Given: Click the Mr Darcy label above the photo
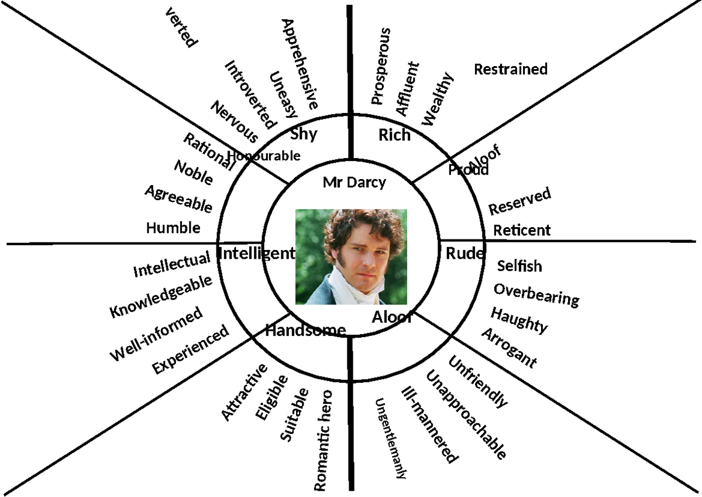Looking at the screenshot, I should click(x=354, y=183).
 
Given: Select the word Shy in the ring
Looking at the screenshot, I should click(x=304, y=134).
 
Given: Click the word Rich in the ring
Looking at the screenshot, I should click(x=394, y=136).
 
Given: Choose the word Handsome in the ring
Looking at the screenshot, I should click(x=305, y=331).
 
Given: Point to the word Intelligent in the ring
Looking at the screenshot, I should click(x=256, y=253).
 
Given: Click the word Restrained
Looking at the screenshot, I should click(x=511, y=69).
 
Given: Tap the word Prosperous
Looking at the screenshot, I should click(x=380, y=66).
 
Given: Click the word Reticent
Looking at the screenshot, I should click(x=522, y=231).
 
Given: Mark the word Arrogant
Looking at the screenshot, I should click(x=508, y=348).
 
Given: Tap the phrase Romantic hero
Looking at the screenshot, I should click(x=324, y=440).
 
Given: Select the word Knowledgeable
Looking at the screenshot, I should click(x=161, y=297).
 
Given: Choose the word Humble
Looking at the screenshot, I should click(x=173, y=228).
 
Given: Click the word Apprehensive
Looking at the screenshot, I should click(x=300, y=64).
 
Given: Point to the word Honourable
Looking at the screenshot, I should click(x=264, y=156).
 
